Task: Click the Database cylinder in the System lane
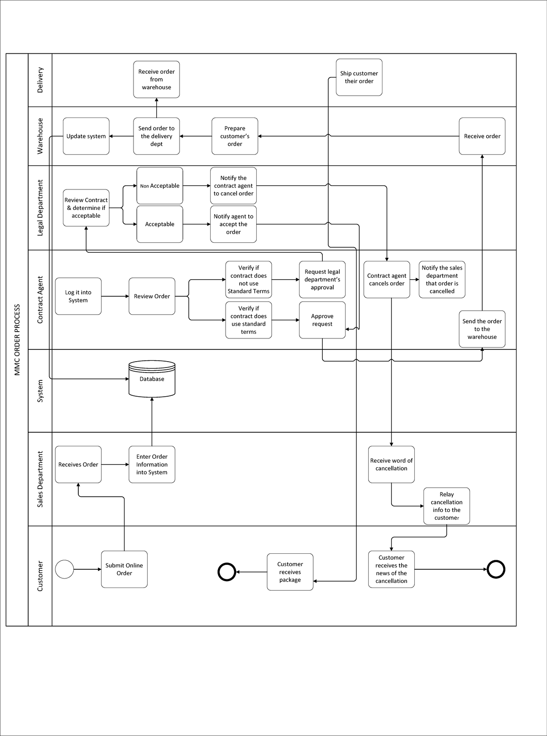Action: [152, 378]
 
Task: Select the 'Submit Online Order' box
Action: [124, 569]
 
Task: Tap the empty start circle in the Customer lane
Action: [64, 569]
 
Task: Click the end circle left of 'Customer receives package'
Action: [227, 572]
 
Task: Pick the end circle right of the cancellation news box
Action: [496, 569]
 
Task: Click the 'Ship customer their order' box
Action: [359, 77]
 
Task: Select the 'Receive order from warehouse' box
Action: [156, 79]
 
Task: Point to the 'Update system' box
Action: [86, 136]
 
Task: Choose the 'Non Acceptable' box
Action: [160, 186]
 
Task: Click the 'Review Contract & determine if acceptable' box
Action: [86, 208]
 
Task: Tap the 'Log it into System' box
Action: [78, 296]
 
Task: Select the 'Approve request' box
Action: [322, 320]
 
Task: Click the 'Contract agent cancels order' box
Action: [387, 279]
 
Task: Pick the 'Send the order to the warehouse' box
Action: [482, 329]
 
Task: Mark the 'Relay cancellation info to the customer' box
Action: [446, 506]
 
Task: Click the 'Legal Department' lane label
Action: [40, 208]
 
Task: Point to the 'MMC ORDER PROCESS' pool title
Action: [17, 340]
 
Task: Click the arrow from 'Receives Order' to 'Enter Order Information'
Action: [115, 465]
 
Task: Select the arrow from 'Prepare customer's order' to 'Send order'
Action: [196, 136]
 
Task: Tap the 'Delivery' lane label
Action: [40, 80]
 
